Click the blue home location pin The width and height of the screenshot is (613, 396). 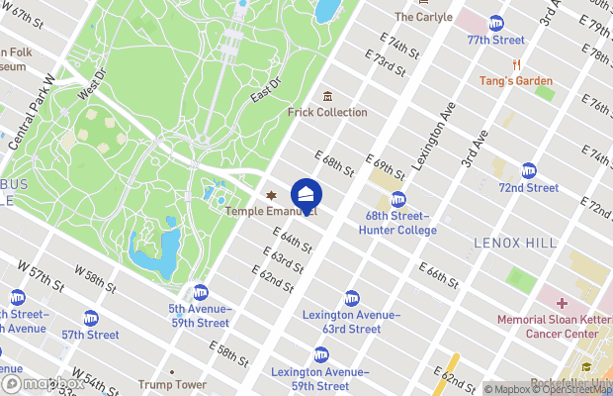tap(306, 195)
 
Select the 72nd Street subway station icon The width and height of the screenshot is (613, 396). tap(528, 170)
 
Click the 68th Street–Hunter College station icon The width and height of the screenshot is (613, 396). tap(398, 199)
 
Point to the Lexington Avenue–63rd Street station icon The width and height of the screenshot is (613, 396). tap(351, 298)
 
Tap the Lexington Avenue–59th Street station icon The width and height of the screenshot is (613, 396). tap(320, 354)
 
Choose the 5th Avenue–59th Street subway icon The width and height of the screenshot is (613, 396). tap(200, 292)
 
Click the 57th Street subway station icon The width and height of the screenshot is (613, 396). tap(91, 318)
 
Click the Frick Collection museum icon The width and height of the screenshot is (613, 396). tap(327, 96)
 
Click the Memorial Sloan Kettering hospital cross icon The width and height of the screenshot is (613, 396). tap(562, 303)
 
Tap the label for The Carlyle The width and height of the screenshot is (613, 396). tap(422, 17)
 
